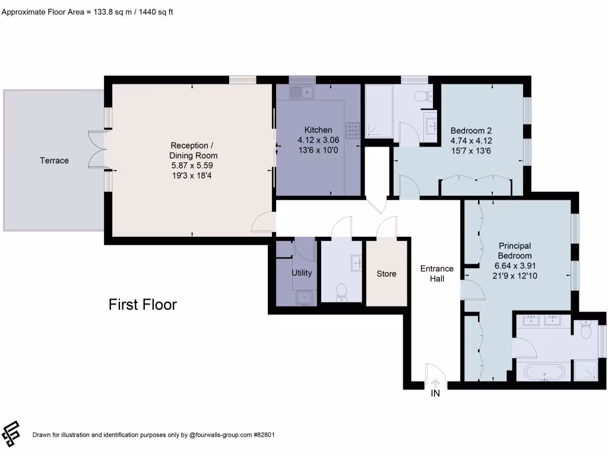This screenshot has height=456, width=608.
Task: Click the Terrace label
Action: [x=54, y=160]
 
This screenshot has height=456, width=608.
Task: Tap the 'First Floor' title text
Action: [x=142, y=305]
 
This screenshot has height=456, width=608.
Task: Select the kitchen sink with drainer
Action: [x=302, y=92]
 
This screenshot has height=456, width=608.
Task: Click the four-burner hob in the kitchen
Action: [x=352, y=129]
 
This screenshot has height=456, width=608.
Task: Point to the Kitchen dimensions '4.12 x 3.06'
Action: [x=318, y=140]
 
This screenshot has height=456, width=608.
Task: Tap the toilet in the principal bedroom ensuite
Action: [x=587, y=330]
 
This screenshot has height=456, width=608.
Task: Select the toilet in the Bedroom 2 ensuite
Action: [x=423, y=96]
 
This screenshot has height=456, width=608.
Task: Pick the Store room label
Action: [x=387, y=274]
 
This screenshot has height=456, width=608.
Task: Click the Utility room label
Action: [x=302, y=273]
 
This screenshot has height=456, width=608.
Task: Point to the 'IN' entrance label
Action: [x=435, y=393]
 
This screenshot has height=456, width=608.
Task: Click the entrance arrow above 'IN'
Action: [x=435, y=383]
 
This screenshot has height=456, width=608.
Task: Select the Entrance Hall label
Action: [x=436, y=273]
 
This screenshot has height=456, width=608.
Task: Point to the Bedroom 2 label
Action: [x=471, y=131]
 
